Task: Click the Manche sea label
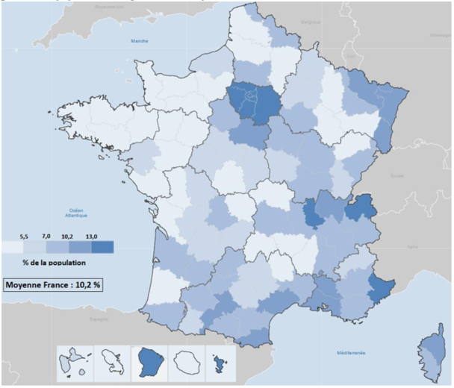point(140,41)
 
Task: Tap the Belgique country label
point(309,22)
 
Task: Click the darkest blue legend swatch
point(102,247)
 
